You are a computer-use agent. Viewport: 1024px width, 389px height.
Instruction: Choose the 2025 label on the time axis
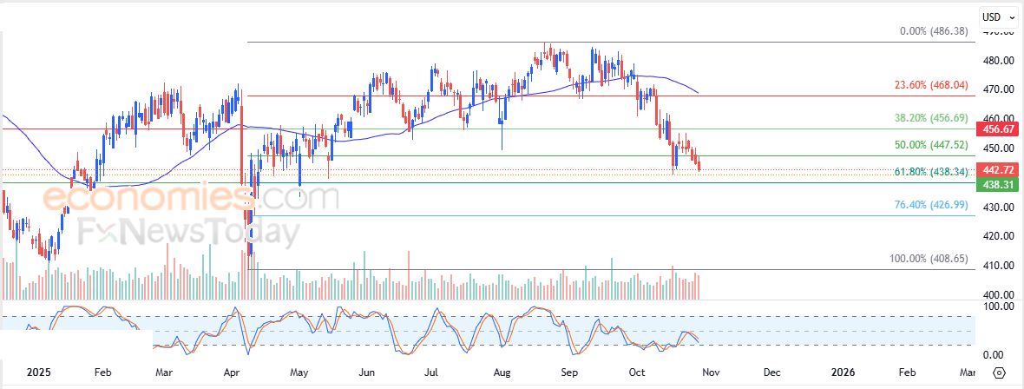coord(39,373)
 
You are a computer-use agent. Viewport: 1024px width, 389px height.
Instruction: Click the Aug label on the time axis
coord(502,373)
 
